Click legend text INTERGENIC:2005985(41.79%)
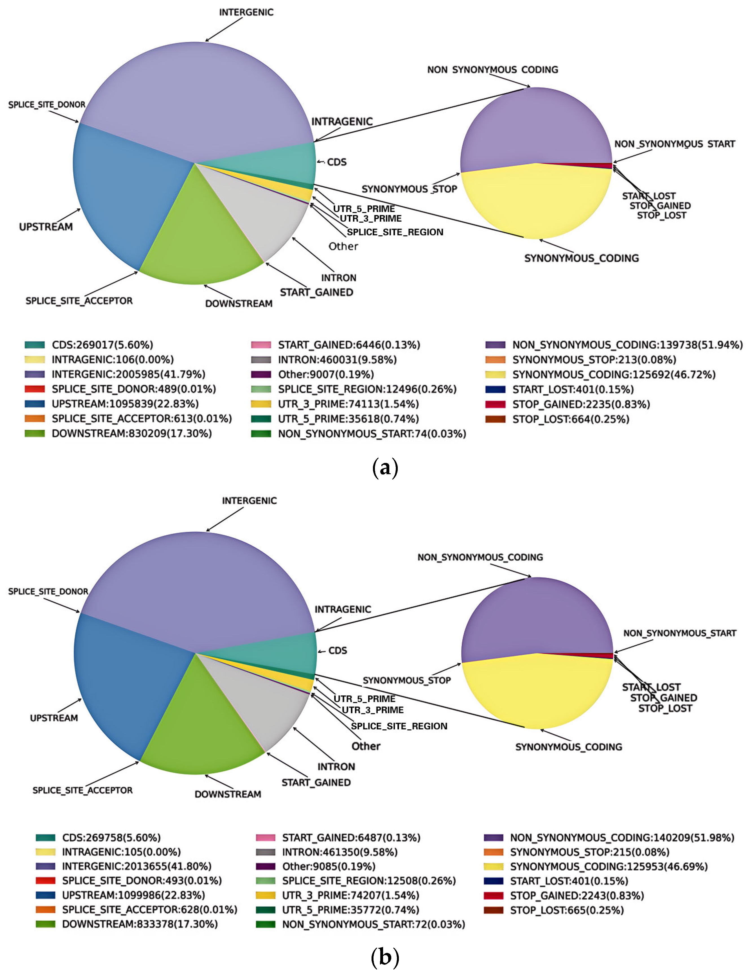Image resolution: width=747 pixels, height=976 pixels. click(129, 374)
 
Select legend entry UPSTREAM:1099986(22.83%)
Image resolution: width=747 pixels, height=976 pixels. click(133, 895)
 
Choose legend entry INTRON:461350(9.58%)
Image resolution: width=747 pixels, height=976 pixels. click(340, 852)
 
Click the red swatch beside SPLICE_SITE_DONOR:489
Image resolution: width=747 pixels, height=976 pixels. click(35, 389)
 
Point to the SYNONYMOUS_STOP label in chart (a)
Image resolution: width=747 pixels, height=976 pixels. click(409, 189)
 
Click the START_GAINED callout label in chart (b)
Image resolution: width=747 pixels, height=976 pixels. click(316, 782)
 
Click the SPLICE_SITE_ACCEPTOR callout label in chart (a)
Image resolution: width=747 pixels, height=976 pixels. click(79, 301)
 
